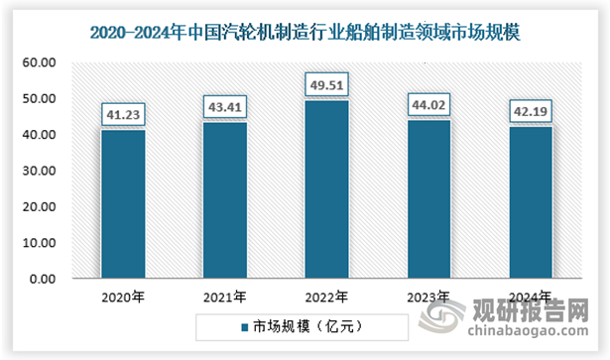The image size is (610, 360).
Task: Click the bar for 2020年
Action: (x=123, y=204)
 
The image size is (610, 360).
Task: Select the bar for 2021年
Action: (x=225, y=200)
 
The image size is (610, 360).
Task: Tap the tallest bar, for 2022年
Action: (x=327, y=189)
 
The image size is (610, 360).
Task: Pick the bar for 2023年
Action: (x=429, y=199)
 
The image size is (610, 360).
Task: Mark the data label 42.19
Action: (x=532, y=110)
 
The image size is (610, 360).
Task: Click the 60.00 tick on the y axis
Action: (x=40, y=62)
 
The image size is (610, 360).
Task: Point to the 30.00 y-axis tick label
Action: (x=40, y=171)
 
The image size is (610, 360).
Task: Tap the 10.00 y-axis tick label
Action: (x=40, y=243)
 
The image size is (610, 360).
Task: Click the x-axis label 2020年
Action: (x=123, y=296)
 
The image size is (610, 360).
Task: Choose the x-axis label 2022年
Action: (x=327, y=296)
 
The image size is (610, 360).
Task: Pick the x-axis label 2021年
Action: (x=225, y=296)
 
